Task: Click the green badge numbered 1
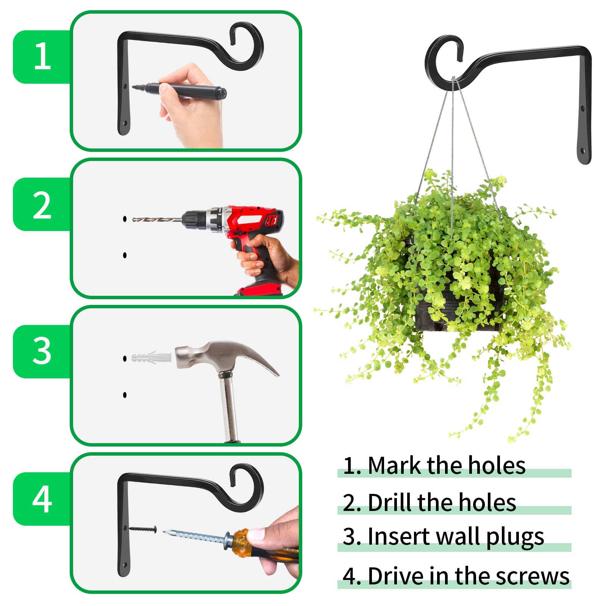click(42, 57)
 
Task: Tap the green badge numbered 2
click(42, 204)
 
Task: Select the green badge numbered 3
click(42, 351)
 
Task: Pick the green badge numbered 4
click(42, 499)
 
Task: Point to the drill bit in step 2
click(157, 219)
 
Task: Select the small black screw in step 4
click(143, 529)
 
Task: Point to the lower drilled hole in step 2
click(125, 255)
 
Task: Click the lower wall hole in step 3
click(125, 395)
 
